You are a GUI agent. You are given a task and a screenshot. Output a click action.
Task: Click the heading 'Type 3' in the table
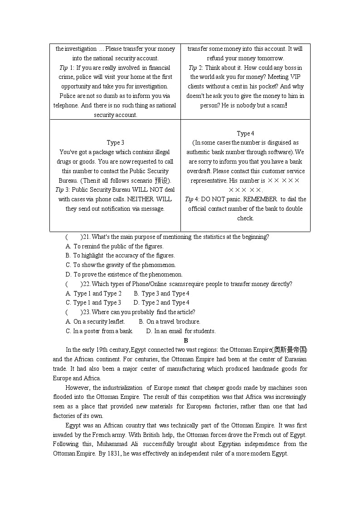coord(115,143)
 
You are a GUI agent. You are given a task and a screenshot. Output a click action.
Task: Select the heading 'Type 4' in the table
coord(245,133)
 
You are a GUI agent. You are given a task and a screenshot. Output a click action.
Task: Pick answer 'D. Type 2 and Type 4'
coord(161,303)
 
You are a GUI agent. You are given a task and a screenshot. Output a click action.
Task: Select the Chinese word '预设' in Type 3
coord(161,180)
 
